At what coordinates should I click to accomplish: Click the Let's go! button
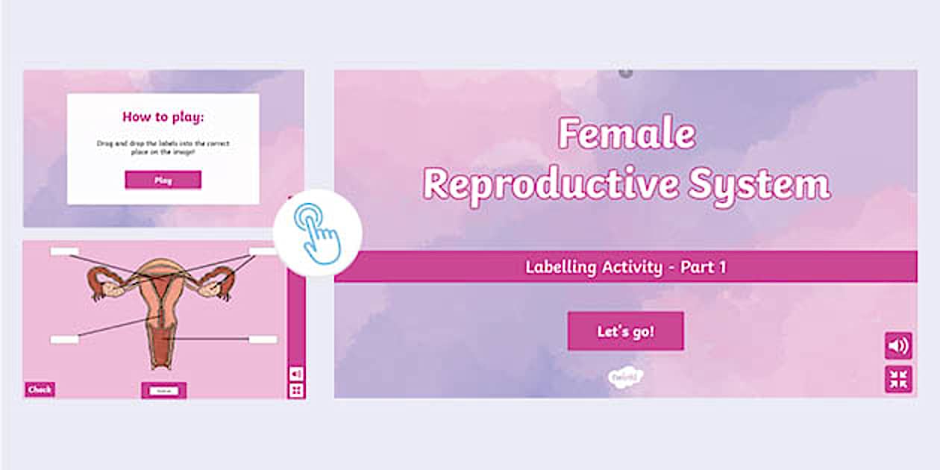(625, 331)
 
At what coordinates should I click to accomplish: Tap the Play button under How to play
(163, 180)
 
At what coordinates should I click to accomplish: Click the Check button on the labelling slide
(40, 389)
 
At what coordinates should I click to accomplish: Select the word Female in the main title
(627, 135)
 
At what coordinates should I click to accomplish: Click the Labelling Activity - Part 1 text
(625, 267)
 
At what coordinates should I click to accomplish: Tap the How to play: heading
(163, 116)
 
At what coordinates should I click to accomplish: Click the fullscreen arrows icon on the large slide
(898, 379)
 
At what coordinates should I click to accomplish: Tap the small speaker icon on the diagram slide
(296, 373)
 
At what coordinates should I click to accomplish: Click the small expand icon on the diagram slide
(296, 390)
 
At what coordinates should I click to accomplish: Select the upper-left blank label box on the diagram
(64, 251)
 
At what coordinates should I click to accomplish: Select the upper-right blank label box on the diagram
(263, 251)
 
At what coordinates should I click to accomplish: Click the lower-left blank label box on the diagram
(64, 339)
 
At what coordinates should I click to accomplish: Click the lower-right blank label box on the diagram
(263, 339)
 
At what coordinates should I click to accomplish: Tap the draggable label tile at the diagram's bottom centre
(163, 390)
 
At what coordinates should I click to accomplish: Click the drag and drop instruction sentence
(163, 146)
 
